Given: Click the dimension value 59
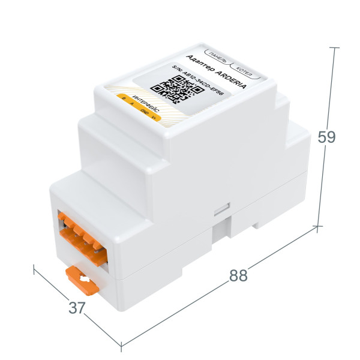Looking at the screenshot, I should coord(326,137).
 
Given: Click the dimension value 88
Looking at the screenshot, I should coord(239,276).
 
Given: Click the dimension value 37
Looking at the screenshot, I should coord(76,308).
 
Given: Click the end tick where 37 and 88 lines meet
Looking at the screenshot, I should coord(121,346).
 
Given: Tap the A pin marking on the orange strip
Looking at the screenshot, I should coord(131,104).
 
